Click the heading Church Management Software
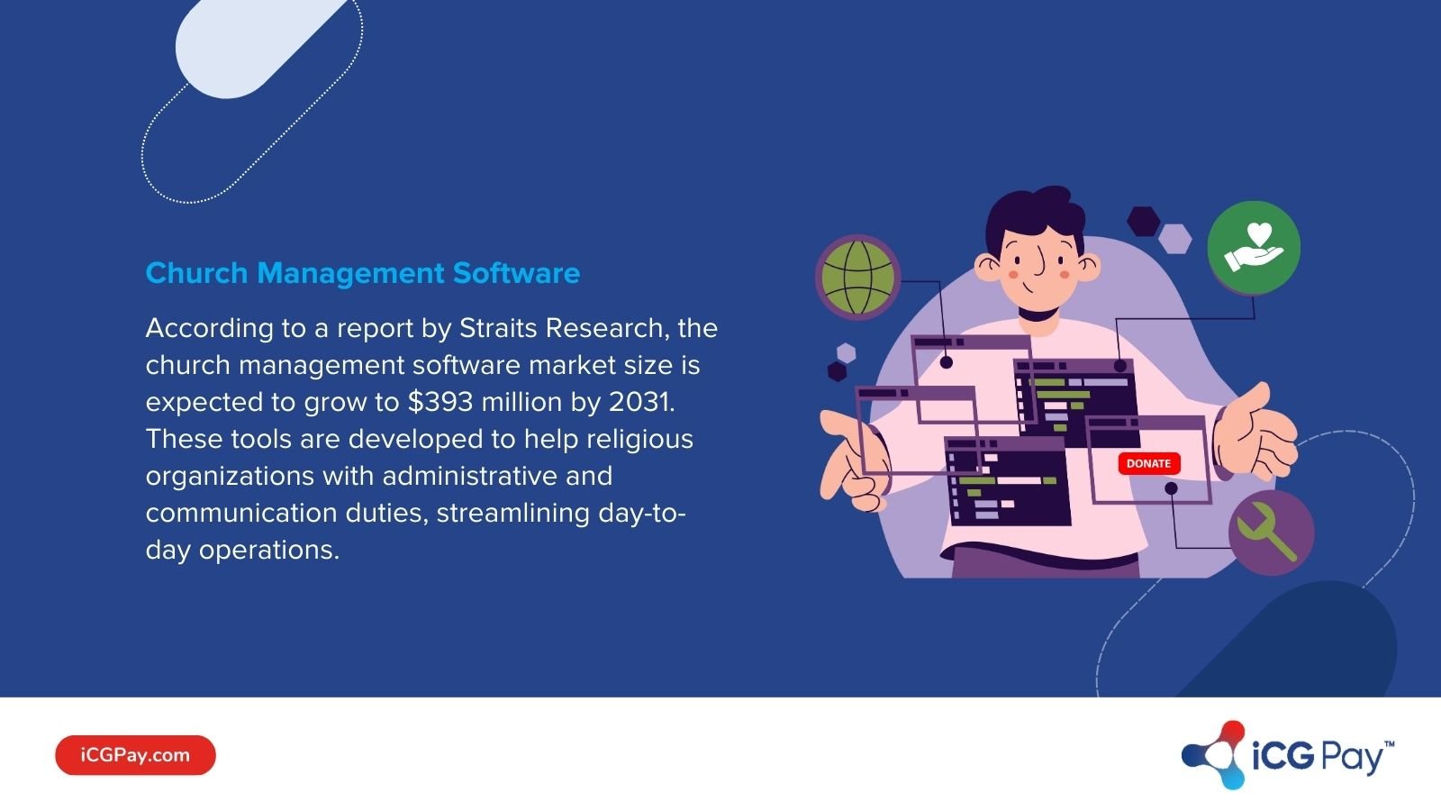click(x=362, y=273)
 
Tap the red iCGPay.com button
click(x=135, y=755)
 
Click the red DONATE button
click(x=1148, y=463)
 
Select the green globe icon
click(x=857, y=277)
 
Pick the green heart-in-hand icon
click(x=1253, y=247)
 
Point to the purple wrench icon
click(x=1271, y=533)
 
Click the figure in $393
click(x=440, y=402)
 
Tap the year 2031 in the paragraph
click(x=640, y=402)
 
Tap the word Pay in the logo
click(x=1352, y=757)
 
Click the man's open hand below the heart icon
click(x=1254, y=433)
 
